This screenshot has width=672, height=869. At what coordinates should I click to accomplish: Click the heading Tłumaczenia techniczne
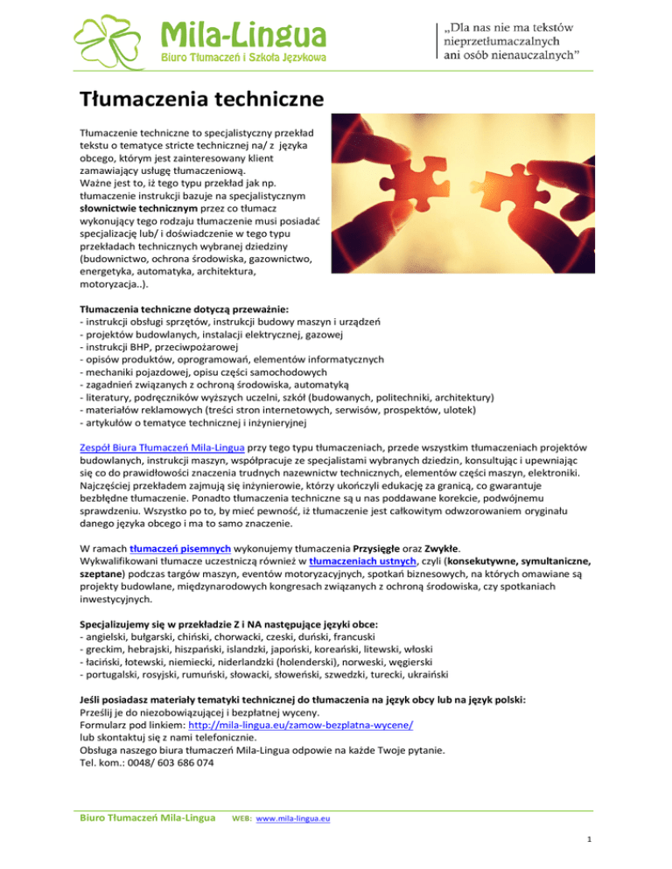(x=196, y=98)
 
